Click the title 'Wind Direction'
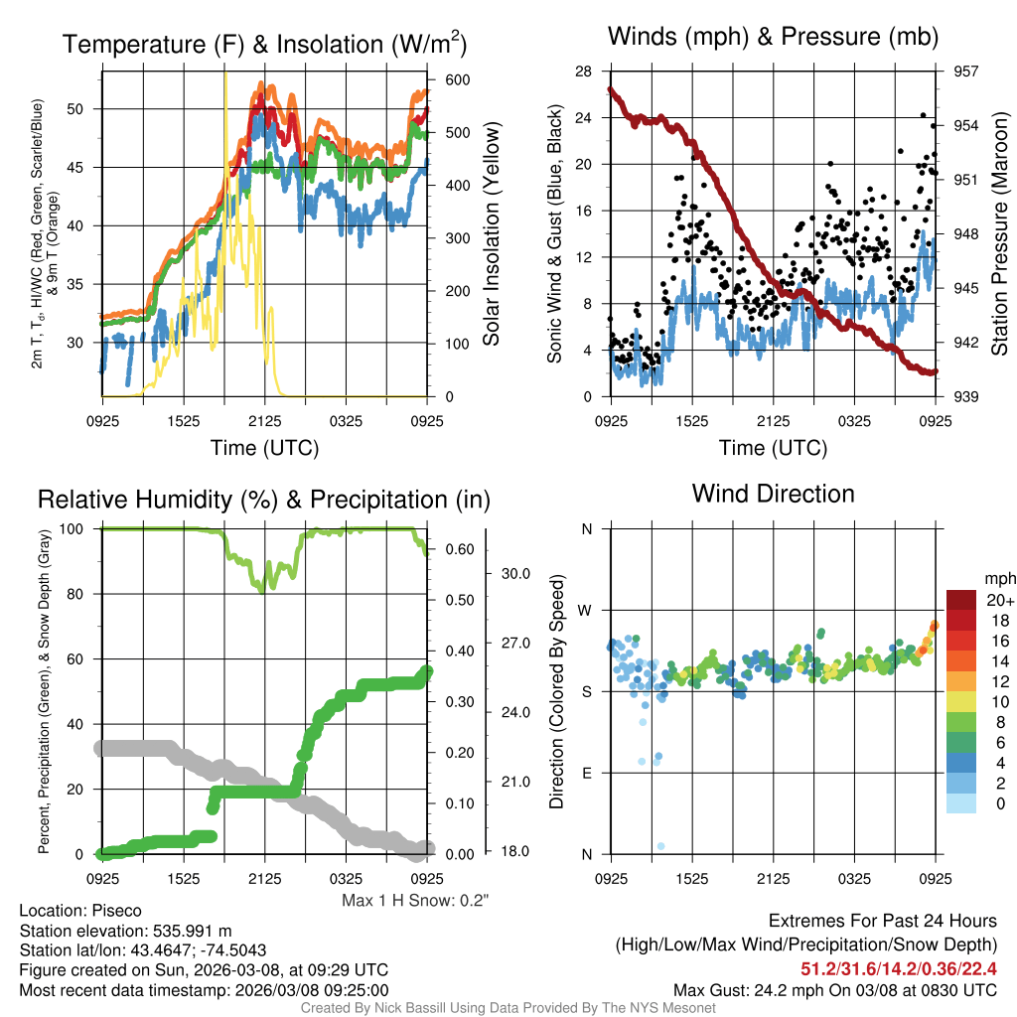(773, 494)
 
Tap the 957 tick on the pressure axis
(967, 72)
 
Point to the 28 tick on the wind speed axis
(583, 72)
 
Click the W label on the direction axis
(586, 610)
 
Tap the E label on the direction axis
(587, 773)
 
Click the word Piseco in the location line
(116, 911)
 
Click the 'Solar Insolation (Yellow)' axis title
(491, 234)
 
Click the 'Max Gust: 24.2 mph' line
(834, 990)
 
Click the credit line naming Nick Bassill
(508, 1008)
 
